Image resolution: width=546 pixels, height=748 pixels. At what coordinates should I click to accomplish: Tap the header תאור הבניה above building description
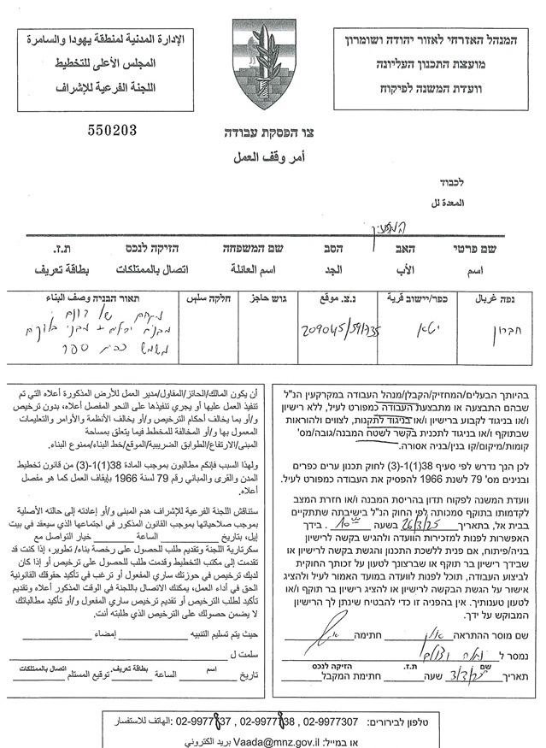[89, 298]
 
